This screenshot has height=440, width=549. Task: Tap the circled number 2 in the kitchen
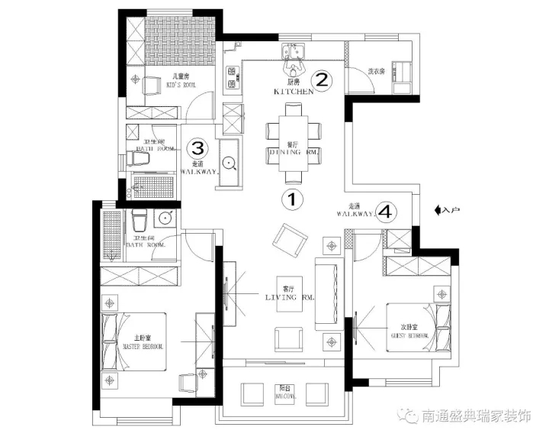322,79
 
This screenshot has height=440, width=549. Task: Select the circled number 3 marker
197,147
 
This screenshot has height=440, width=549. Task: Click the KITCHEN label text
294,91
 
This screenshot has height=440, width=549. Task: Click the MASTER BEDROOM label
143,346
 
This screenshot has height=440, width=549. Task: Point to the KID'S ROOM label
181,85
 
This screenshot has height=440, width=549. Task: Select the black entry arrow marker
437,209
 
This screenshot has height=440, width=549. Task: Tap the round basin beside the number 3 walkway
230,162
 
